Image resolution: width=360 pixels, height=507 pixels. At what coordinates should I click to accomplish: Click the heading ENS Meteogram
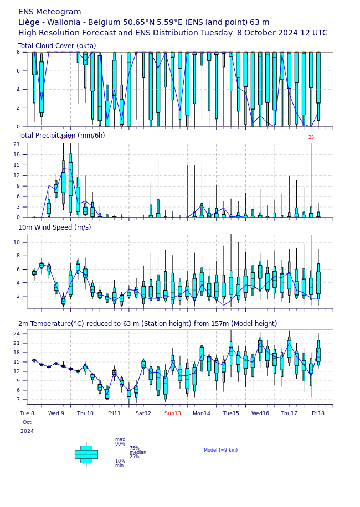click(49, 12)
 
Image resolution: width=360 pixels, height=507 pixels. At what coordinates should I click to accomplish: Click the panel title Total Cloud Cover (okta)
click(57, 46)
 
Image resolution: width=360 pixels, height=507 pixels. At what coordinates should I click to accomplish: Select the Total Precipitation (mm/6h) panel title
click(61, 136)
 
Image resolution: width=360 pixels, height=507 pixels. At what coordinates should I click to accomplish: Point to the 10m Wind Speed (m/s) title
click(54, 227)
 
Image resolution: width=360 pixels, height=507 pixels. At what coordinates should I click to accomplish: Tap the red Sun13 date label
click(172, 413)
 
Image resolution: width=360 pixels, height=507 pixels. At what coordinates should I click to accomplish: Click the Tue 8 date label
click(27, 413)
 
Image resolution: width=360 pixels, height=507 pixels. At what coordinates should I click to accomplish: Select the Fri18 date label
click(318, 413)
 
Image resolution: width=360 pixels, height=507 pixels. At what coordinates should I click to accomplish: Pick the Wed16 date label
click(260, 413)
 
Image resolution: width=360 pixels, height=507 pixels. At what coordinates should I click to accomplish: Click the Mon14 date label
click(202, 413)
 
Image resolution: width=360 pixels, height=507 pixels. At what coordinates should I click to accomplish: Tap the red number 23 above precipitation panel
click(311, 137)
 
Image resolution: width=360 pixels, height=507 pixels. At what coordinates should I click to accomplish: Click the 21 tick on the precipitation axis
click(16, 144)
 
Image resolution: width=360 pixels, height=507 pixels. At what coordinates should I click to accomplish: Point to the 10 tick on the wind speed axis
click(16, 242)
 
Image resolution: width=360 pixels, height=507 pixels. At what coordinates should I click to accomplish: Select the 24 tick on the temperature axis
click(16, 334)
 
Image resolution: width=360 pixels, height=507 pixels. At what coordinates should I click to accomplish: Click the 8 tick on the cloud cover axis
click(18, 52)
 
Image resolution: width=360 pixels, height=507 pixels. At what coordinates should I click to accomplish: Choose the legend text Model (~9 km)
click(220, 450)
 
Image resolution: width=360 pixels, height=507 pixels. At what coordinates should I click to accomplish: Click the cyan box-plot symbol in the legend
click(86, 454)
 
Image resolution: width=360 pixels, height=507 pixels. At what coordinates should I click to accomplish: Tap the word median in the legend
click(138, 452)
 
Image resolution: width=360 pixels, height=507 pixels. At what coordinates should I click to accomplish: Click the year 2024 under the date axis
click(27, 431)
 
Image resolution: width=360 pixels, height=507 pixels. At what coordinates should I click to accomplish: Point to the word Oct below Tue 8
click(27, 422)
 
